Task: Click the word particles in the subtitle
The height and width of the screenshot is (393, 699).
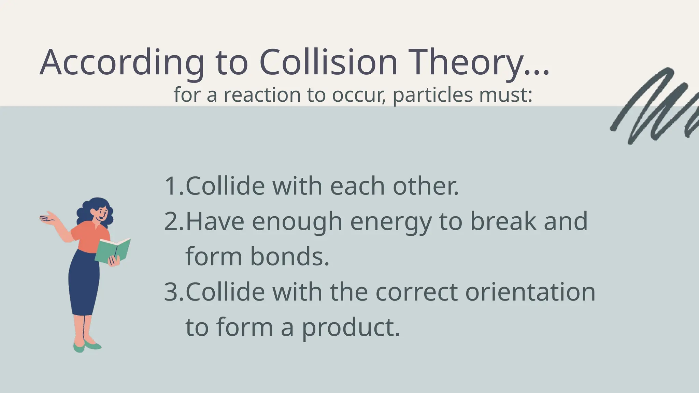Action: pos(432,95)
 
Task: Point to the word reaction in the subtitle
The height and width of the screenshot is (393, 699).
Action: pos(262,95)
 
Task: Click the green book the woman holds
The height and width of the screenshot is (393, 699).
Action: pos(113,250)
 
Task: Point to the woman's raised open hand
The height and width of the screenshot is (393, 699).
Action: pos(48,218)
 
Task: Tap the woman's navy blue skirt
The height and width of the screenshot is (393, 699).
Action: pos(84,283)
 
